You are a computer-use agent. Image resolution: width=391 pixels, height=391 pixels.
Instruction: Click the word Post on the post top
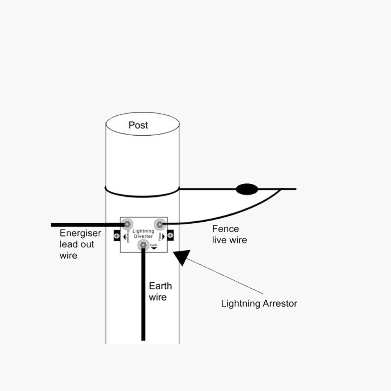[138, 125]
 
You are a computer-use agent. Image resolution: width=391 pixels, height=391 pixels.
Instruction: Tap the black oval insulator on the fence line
[247, 189]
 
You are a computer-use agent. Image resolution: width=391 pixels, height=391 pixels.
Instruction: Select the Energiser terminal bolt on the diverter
[127, 224]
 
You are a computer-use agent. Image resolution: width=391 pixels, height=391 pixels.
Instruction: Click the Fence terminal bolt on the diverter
[160, 224]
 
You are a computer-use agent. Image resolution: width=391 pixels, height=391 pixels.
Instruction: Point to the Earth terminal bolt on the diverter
[143, 246]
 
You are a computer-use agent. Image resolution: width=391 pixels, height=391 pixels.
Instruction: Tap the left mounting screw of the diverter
[117, 236]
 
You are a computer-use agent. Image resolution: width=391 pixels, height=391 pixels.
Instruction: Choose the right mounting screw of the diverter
[170, 236]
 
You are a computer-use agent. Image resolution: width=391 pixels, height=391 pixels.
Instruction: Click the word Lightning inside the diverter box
[143, 231]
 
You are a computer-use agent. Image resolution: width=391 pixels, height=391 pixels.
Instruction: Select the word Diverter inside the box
[143, 237]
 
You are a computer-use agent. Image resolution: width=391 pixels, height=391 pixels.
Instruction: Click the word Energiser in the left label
[80, 233]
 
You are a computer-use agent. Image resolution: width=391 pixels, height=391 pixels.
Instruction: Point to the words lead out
[77, 244]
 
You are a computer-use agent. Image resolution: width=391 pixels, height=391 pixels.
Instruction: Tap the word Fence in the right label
[226, 229]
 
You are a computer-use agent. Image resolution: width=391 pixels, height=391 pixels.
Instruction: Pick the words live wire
[230, 240]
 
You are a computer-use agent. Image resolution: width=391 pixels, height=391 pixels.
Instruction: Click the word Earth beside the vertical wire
[160, 286]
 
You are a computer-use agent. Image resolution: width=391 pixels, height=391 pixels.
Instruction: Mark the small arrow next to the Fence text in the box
[163, 237]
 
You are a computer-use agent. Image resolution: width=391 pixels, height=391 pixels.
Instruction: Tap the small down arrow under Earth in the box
[154, 248]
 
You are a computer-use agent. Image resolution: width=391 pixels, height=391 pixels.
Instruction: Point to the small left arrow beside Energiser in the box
[124, 237]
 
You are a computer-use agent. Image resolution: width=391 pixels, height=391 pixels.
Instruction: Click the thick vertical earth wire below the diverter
[143, 297]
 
